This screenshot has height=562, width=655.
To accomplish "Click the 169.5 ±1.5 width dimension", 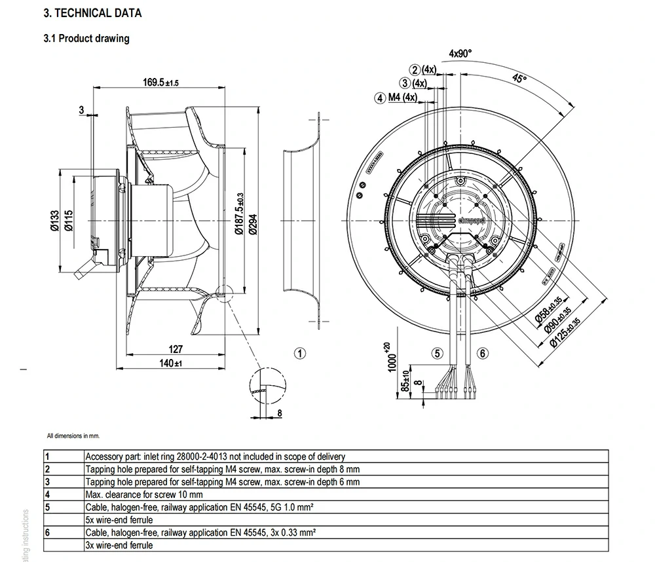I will (160, 82).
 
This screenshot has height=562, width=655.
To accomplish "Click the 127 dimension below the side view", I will (176, 349).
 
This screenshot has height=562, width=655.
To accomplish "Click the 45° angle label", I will (519, 79).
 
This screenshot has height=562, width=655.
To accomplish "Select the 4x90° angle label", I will (460, 53).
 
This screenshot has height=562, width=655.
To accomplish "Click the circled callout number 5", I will (438, 354).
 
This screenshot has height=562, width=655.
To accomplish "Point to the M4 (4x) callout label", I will (401, 98).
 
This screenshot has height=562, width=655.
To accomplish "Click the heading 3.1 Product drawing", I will (86, 39).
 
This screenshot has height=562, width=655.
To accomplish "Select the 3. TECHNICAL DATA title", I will (92, 13).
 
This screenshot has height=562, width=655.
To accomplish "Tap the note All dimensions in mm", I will (73, 436).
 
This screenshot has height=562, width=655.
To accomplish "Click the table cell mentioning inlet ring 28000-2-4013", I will (215, 457).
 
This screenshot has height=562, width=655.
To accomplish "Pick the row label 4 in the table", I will (48, 495).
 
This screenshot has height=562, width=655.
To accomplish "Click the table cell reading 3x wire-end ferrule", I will (119, 545).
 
